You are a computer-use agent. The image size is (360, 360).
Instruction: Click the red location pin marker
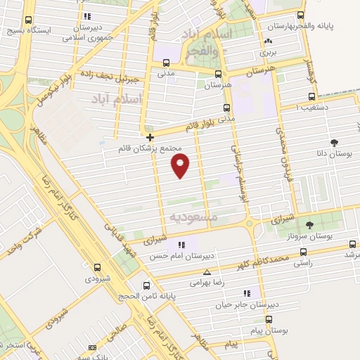pyautogui.click(x=181, y=166)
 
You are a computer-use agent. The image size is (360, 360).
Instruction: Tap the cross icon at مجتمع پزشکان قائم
pyautogui.click(x=150, y=136)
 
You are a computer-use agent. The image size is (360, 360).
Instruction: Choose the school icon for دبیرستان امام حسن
pyautogui.click(x=182, y=244)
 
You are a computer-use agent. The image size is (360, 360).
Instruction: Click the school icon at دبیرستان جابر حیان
pyautogui.click(x=247, y=292)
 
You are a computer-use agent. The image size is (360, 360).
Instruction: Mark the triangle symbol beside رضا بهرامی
pyautogui.click(x=206, y=272)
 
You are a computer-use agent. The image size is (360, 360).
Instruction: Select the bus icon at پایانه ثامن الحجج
pyautogui.click(x=146, y=285)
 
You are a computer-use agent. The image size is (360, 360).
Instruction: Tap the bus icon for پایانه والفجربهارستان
pyautogui.click(x=301, y=15)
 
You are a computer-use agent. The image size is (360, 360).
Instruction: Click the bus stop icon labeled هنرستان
pyautogui.click(x=219, y=74)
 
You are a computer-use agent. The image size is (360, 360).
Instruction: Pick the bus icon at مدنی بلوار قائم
pyautogui.click(x=226, y=108)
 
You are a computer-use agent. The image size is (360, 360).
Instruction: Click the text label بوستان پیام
pyautogui.click(x=270, y=329)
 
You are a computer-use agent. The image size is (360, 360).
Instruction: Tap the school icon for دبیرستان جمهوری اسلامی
pyautogui.click(x=87, y=16)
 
